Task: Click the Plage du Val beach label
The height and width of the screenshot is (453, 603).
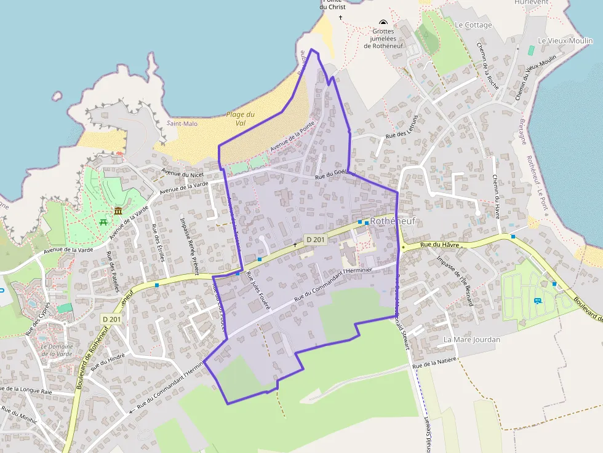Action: pos(241,119)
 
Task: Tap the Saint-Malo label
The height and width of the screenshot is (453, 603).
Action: pos(182,123)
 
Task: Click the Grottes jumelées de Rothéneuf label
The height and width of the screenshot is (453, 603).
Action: pos(384,38)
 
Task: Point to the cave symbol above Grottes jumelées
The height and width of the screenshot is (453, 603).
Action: pos(383,23)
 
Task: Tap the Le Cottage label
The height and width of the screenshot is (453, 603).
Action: pos(473,25)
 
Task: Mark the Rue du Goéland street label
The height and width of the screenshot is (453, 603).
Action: pos(335,175)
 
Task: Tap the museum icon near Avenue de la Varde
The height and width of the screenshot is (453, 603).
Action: pos(118,211)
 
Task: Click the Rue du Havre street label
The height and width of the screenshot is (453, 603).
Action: pos(440,245)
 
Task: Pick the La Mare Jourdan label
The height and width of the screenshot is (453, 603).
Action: pos(471,339)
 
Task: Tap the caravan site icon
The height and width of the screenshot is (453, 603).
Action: pos(537,301)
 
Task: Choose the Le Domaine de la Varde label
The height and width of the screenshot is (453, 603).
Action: pos(57,350)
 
